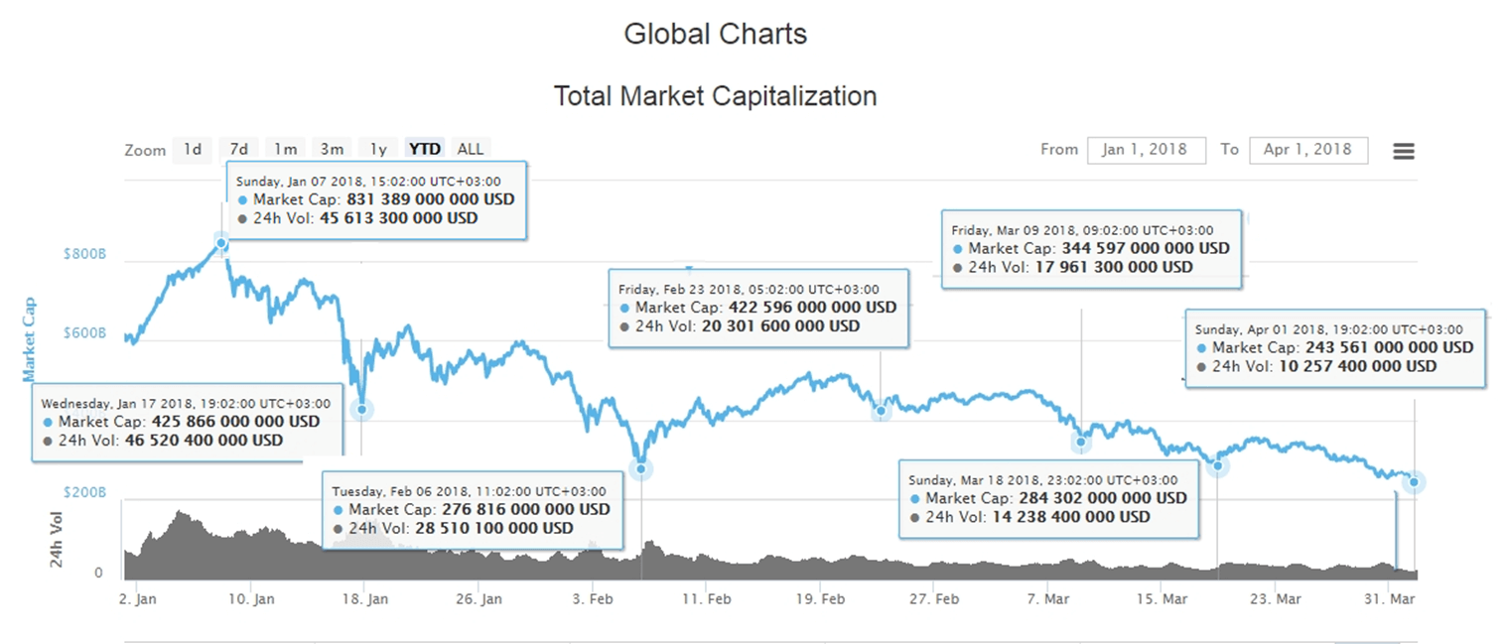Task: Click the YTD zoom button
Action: (425, 149)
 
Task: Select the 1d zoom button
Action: (193, 149)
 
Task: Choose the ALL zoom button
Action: (470, 149)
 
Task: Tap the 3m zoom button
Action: (332, 149)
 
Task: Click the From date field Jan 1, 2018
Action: (1146, 150)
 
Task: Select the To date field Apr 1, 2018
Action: (1307, 150)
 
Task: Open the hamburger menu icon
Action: (1403, 151)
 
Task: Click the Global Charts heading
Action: (715, 34)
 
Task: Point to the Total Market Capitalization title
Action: (715, 96)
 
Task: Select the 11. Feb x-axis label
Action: (707, 599)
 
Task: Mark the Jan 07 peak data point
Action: (221, 243)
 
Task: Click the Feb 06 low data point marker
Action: (641, 468)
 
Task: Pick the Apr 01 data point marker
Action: (1414, 482)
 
